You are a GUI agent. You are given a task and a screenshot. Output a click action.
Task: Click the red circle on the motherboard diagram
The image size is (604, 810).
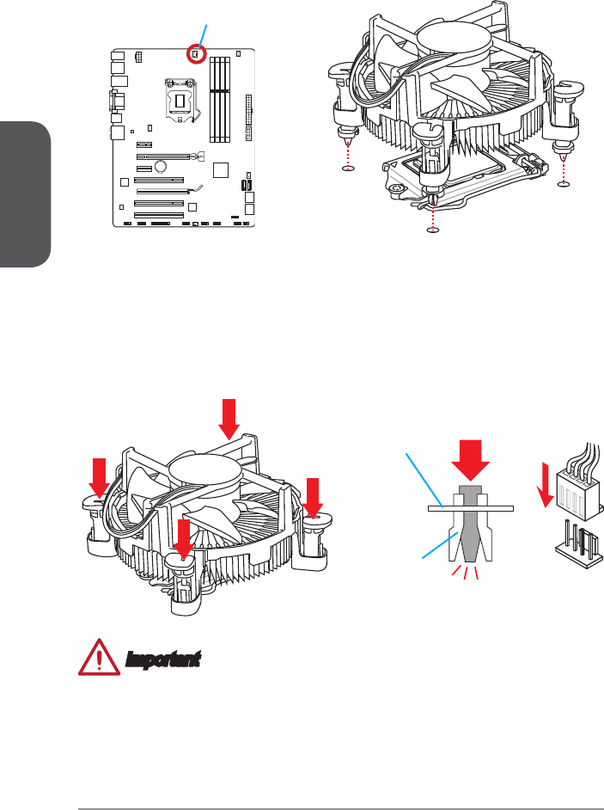tap(196, 54)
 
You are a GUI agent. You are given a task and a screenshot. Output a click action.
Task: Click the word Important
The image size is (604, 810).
tap(163, 660)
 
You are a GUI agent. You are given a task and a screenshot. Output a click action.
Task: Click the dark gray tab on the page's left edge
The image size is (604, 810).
tap(24, 195)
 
